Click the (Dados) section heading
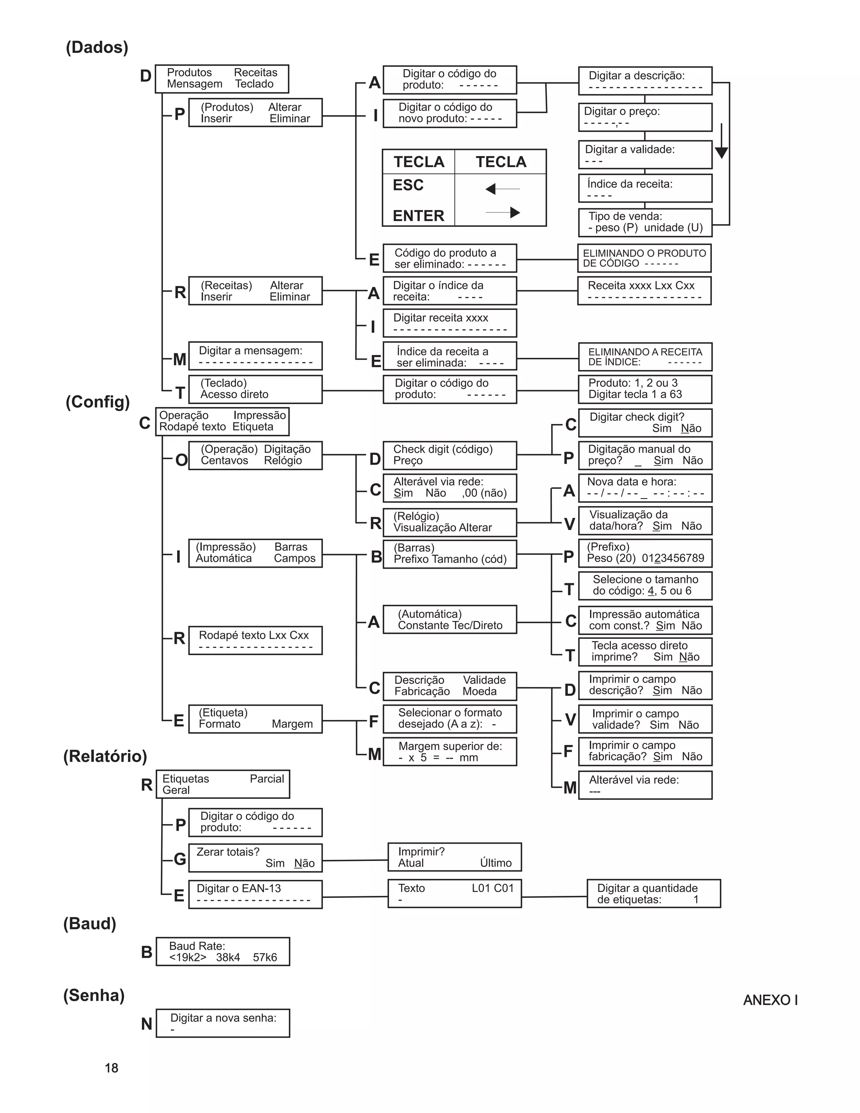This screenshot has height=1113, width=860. [97, 47]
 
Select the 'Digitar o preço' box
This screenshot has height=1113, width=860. [645, 117]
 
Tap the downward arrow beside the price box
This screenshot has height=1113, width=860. [721, 141]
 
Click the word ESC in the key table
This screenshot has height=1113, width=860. [408, 185]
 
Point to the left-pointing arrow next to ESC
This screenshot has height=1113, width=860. [503, 189]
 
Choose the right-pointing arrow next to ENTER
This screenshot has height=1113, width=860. [503, 213]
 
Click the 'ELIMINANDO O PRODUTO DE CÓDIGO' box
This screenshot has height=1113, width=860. [645, 258]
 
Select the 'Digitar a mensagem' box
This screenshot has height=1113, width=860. [255, 356]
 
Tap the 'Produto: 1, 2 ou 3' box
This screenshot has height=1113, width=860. [645, 389]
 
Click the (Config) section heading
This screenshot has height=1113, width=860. [98, 402]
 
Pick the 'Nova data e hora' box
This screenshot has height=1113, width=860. [645, 488]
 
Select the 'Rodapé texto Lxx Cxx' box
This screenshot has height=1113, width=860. [255, 640]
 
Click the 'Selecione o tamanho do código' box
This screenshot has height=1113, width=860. [645, 585]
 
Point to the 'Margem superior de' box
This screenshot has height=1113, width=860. [450, 752]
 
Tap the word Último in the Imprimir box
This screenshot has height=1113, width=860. [496, 863]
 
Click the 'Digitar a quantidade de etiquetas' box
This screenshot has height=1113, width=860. [654, 893]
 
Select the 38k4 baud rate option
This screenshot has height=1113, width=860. [228, 958]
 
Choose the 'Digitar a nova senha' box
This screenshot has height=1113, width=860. [223, 1023]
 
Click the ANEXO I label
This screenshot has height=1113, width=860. [770, 1000]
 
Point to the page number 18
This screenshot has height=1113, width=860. [112, 1068]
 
